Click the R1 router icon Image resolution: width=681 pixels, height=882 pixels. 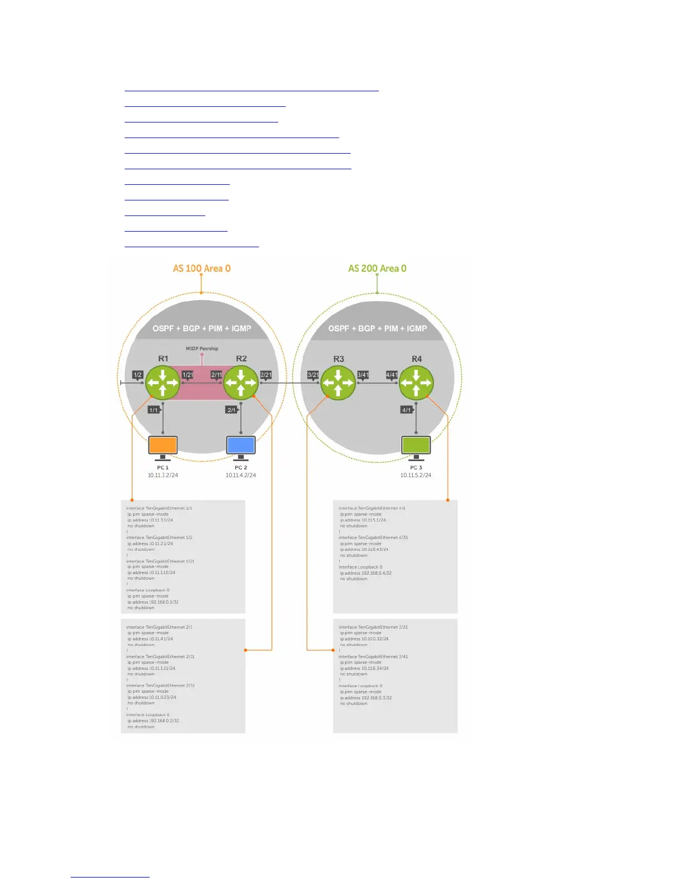pyautogui.click(x=162, y=383)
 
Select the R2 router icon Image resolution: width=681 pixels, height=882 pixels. pyautogui.click(x=240, y=383)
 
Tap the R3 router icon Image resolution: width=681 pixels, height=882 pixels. pyautogui.click(x=338, y=383)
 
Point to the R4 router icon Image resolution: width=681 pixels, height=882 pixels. pyautogui.click(x=416, y=383)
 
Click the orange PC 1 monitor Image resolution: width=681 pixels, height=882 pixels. pyautogui.click(x=163, y=445)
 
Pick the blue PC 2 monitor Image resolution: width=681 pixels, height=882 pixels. pyautogui.click(x=241, y=445)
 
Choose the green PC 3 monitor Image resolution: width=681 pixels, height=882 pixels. pyautogui.click(x=416, y=445)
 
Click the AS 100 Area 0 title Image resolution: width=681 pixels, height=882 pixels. pyautogui.click(x=201, y=268)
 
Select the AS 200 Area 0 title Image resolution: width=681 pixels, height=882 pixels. pyautogui.click(x=377, y=268)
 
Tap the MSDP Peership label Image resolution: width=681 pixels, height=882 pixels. pyautogui.click(x=202, y=349)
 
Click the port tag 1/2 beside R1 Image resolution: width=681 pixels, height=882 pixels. pyautogui.click(x=137, y=375)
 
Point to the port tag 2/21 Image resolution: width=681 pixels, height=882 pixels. pyautogui.click(x=266, y=375)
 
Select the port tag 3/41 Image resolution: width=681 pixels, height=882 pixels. pyautogui.click(x=363, y=375)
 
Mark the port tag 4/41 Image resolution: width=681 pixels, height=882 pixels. pyautogui.click(x=392, y=375)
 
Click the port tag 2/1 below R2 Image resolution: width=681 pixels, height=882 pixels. pyautogui.click(x=231, y=410)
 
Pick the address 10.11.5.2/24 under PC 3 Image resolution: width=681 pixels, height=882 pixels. pyautogui.click(x=416, y=476)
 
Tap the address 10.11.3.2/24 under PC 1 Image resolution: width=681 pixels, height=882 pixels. pyautogui.click(x=163, y=476)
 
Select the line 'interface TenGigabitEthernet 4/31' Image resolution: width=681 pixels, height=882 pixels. pyautogui.click(x=373, y=537)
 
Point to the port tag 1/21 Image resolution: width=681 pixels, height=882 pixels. pyautogui.click(x=188, y=375)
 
